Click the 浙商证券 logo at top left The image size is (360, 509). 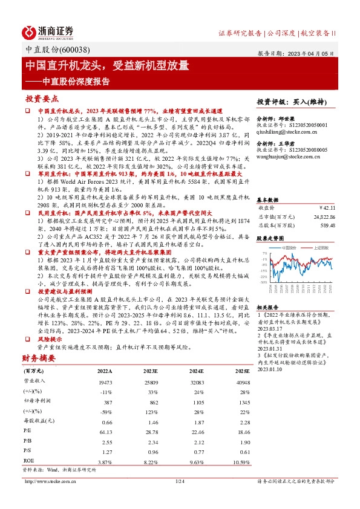[48, 32]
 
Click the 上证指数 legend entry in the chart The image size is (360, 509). [321, 248]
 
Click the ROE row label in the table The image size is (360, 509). [28, 461]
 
